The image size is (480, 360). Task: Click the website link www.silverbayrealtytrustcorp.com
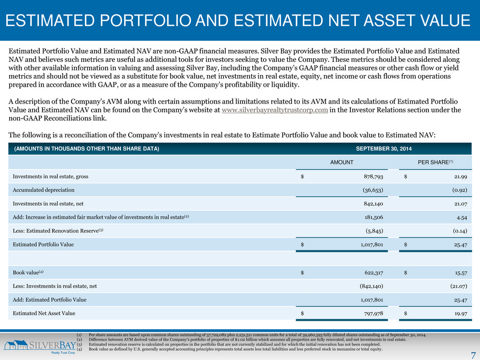[275, 110]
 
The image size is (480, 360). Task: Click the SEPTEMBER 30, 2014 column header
[383, 149]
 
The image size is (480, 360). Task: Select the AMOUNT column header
[342, 162]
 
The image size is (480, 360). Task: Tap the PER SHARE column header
[435, 162]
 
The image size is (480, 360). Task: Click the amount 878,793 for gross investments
[373, 177]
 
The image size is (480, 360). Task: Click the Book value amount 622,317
[373, 273]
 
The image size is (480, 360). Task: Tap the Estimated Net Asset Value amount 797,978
[373, 314]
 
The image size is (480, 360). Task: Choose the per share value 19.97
[461, 314]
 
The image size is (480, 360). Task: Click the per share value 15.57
[461, 273]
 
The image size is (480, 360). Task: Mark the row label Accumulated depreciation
[43, 190]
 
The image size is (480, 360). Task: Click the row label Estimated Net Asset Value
[44, 314]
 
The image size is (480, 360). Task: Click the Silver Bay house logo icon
[16, 345]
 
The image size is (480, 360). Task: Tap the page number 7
[473, 355]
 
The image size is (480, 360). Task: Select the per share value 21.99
[461, 177]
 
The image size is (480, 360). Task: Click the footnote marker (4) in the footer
[79, 349]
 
